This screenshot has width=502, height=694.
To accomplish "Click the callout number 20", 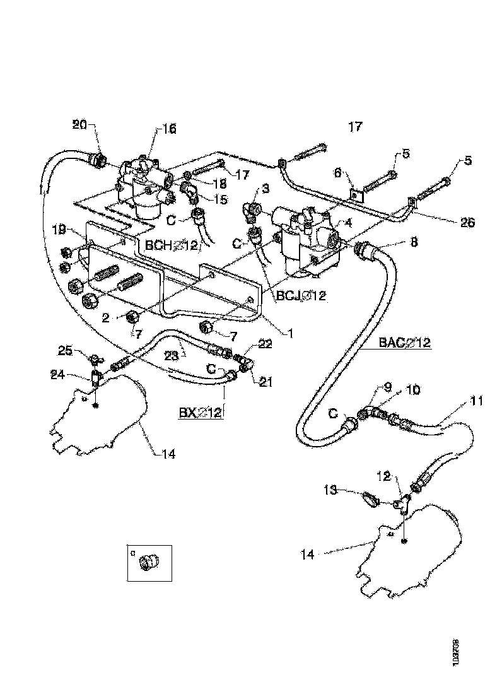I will point(79,124).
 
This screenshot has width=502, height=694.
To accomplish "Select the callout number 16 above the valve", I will point(170,129).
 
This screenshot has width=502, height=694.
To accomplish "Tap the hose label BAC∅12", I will point(404,343).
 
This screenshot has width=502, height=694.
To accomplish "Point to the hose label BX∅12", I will point(199,413).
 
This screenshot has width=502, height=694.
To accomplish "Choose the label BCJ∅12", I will point(300,295).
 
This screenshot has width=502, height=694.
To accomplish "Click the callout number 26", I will point(467,222).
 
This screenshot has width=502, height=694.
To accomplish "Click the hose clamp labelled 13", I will point(369,501).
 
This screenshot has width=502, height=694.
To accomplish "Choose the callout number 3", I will point(266,189).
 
